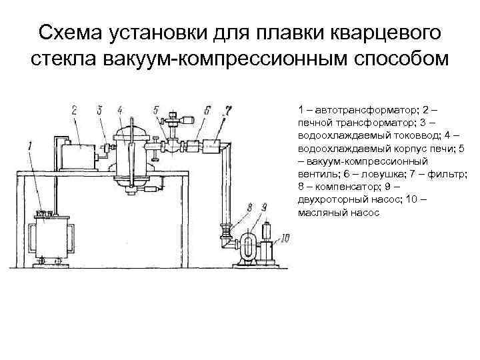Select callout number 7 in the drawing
[228, 109]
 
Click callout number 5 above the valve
[155, 110]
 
